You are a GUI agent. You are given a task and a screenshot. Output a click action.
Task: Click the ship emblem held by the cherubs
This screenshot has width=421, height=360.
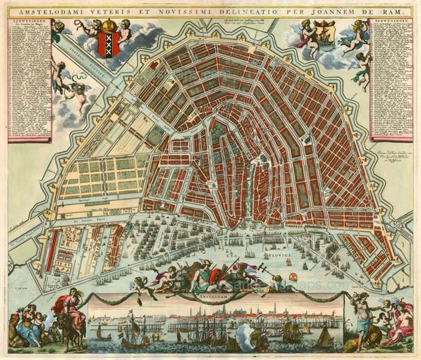(323, 31)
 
